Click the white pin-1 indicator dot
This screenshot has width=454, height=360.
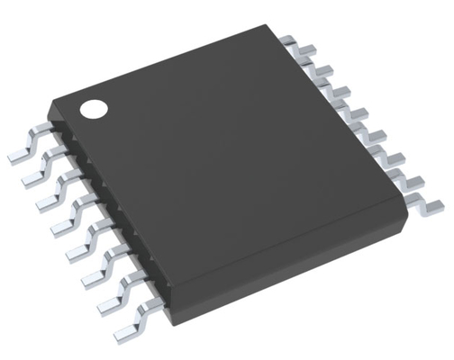pyautogui.click(x=93, y=110)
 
